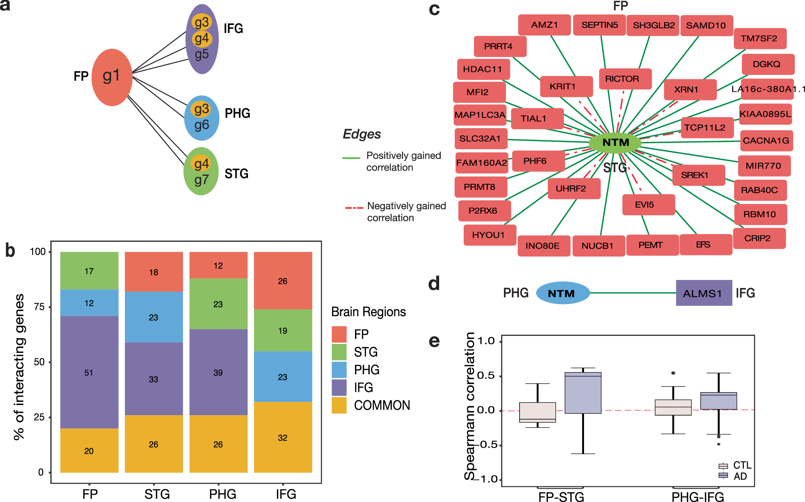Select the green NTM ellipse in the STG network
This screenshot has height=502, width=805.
coord(615,142)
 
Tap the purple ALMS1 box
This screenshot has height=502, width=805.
coord(704,293)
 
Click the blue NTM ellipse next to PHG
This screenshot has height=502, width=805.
coord(563,293)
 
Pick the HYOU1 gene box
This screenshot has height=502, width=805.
coord(489,235)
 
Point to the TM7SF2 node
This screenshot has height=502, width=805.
coord(760,39)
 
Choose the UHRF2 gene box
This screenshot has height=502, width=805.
coord(574,189)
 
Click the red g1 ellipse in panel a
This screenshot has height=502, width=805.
coord(112,77)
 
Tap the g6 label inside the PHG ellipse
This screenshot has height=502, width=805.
coord(202,125)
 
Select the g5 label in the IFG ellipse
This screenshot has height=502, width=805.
coord(202,54)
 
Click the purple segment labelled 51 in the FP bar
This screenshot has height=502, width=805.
coord(89,372)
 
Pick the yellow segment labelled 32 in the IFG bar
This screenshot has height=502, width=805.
coord(283,437)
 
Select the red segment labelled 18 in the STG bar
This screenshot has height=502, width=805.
coord(153,272)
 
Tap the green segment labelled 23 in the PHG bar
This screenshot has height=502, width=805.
coord(218,304)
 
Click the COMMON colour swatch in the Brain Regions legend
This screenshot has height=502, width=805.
coord(339,405)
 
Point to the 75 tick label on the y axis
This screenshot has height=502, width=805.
coord(39,307)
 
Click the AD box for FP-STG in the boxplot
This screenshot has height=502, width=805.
coord(583,393)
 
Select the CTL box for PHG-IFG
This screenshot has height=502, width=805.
coord(673,407)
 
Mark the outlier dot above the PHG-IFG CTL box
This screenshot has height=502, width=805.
coord(673,373)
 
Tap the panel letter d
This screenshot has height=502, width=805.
coord(434,284)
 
